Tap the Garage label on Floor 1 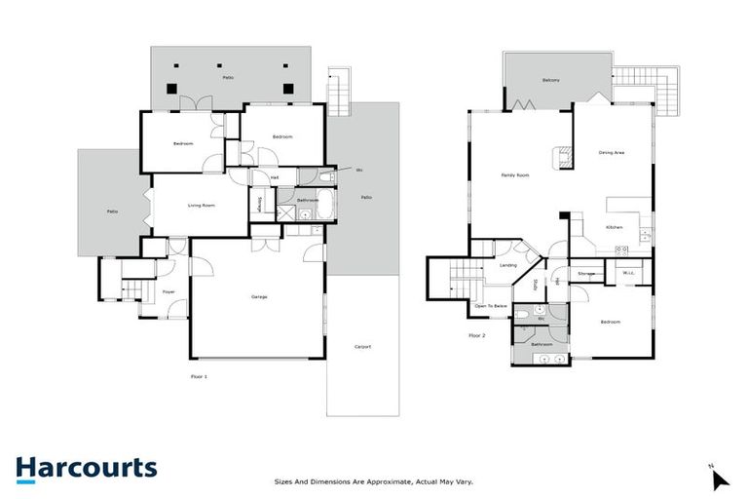pyautogui.click(x=258, y=296)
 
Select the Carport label pyautogui.click(x=362, y=347)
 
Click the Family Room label pyautogui.click(x=514, y=174)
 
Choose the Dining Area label pyautogui.click(x=611, y=152)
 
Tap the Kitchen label pyautogui.click(x=615, y=227)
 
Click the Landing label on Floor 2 pyautogui.click(x=507, y=265)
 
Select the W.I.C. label pyautogui.click(x=629, y=273)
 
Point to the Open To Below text pyautogui.click(x=490, y=305)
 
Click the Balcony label pyautogui.click(x=550, y=80)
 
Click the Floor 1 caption pyautogui.click(x=199, y=375)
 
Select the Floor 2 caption pyautogui.click(x=476, y=335)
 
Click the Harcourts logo pyautogui.click(x=86, y=468)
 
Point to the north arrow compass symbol pyautogui.click(x=719, y=479)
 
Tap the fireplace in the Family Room pyautogui.click(x=562, y=159)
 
